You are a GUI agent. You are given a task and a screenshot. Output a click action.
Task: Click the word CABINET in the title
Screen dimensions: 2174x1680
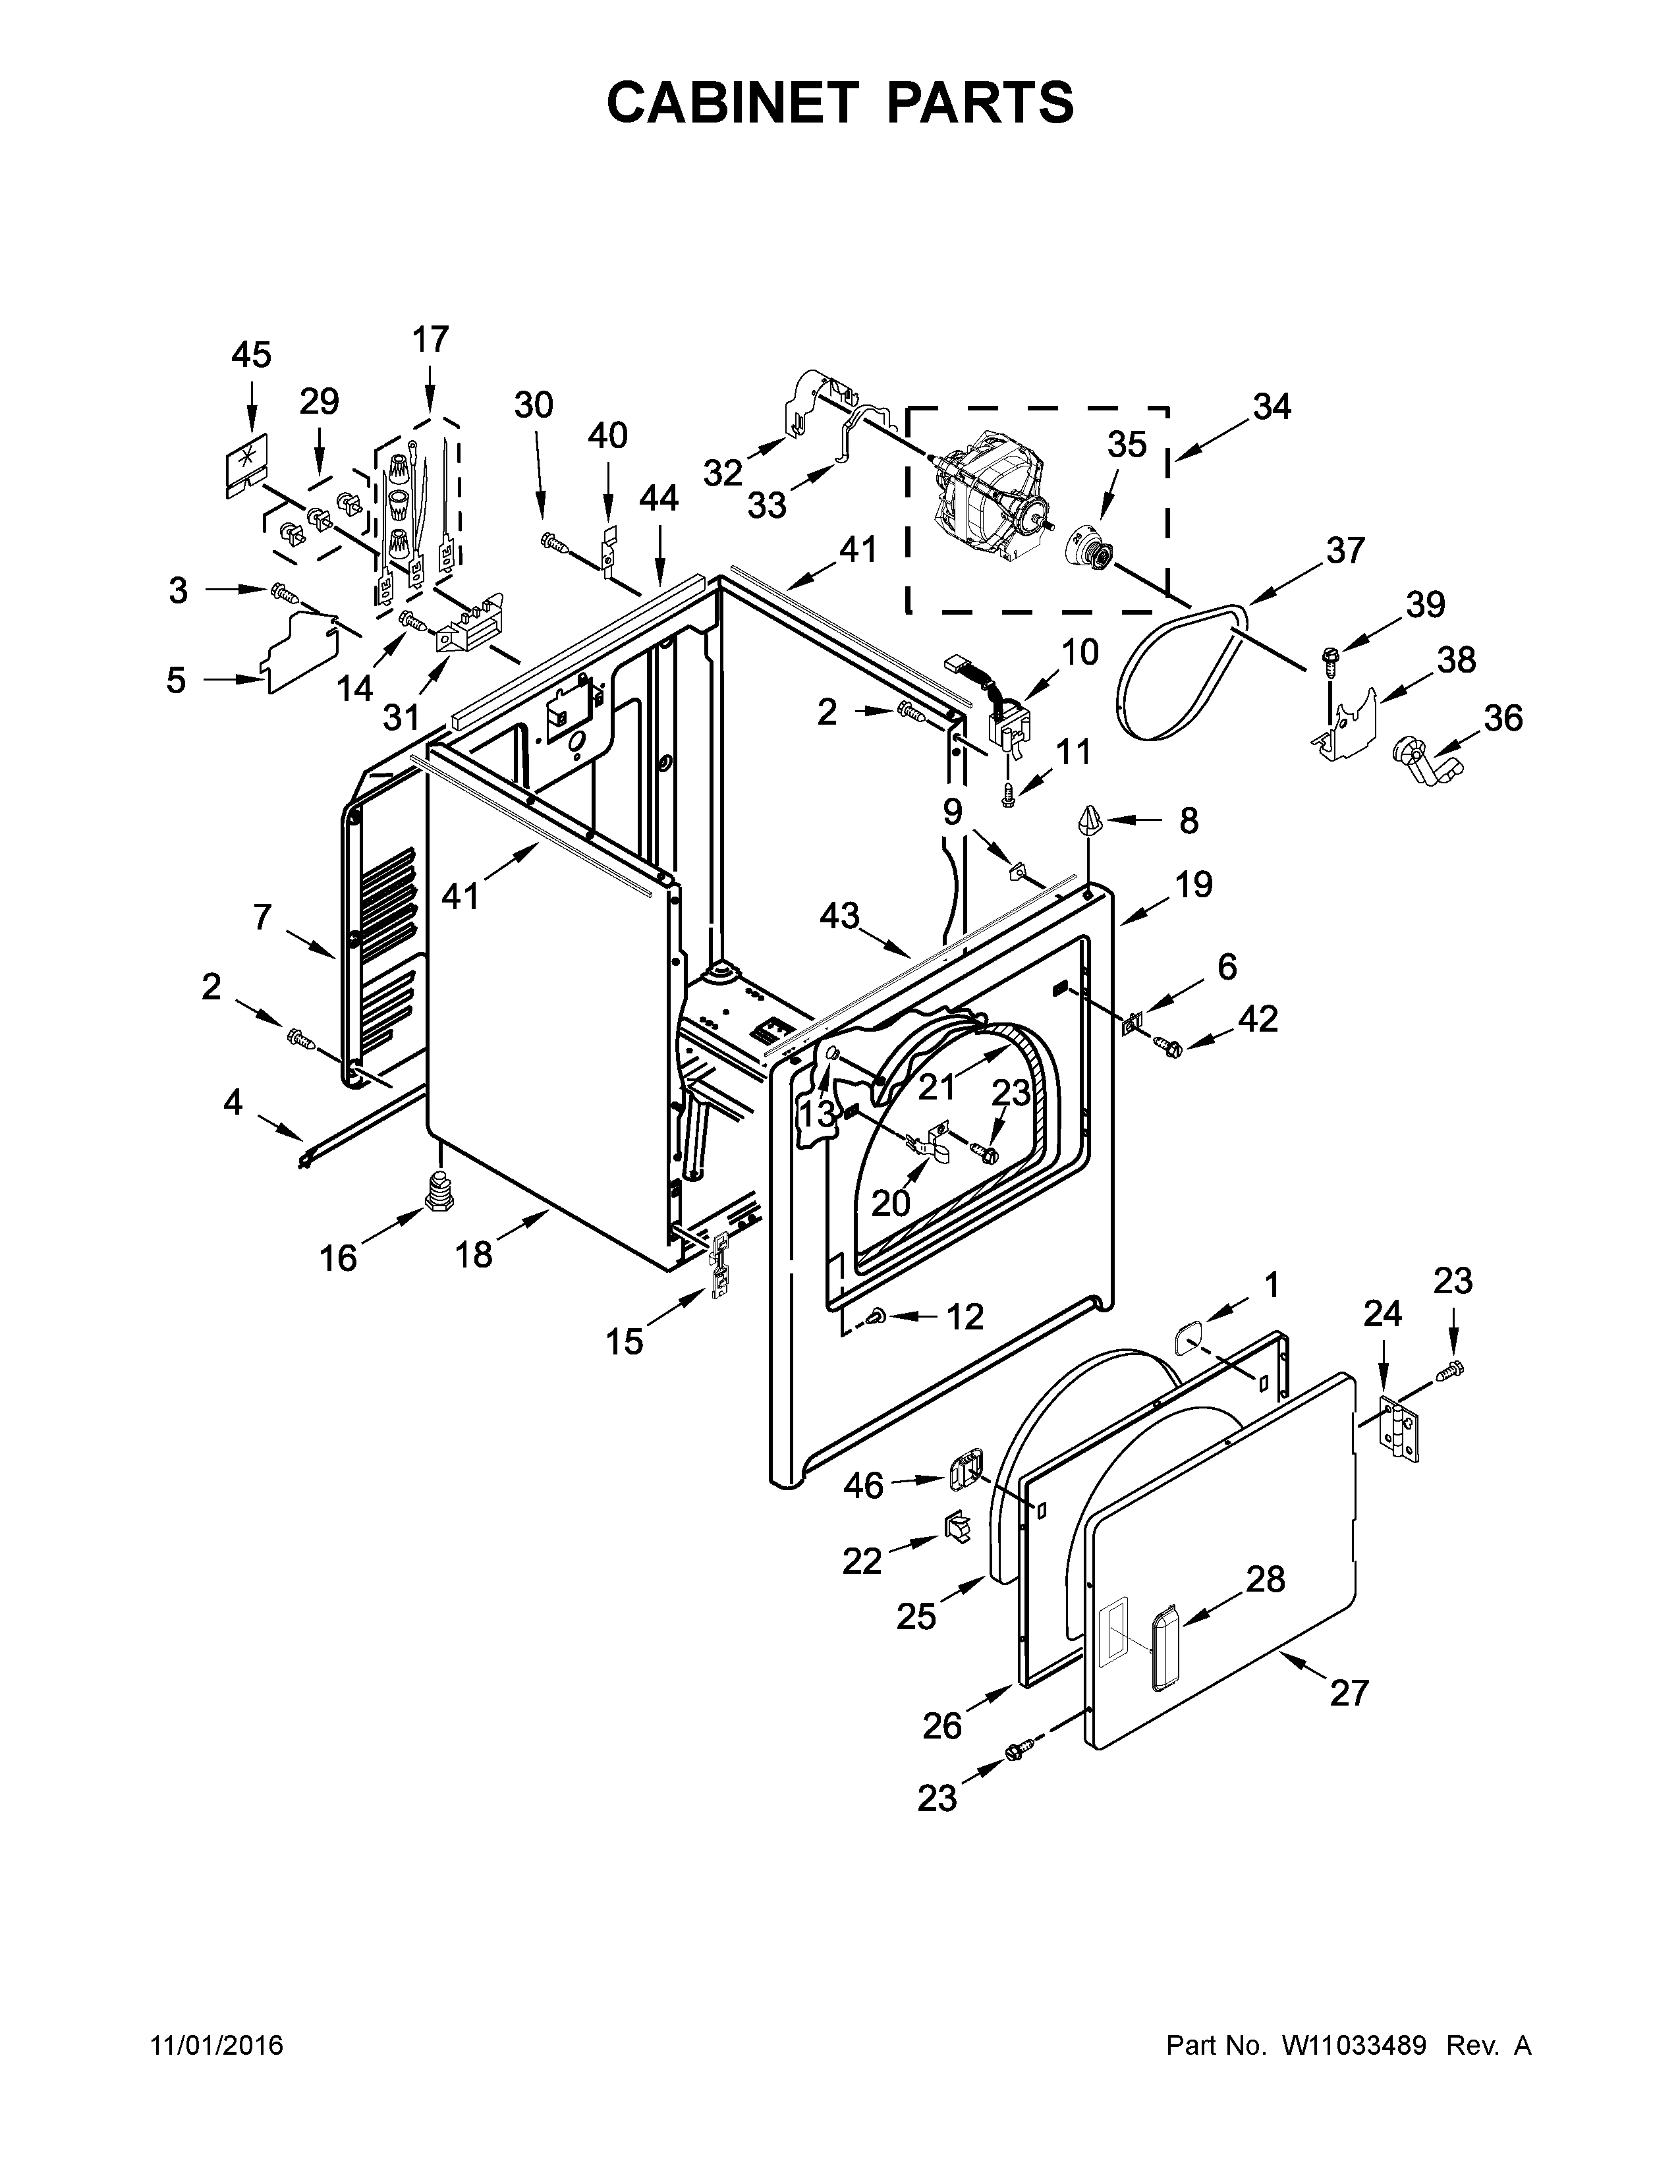731,103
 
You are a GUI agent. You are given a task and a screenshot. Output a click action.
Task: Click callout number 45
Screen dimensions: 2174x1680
251,355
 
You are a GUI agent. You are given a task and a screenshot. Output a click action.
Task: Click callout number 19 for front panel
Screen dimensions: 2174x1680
1194,883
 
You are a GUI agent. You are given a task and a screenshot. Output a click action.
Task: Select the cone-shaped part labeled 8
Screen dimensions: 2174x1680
1089,823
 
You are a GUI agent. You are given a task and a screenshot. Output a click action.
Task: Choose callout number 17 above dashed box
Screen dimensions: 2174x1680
430,339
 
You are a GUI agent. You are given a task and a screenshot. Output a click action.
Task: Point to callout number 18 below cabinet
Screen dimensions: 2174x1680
475,1255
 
